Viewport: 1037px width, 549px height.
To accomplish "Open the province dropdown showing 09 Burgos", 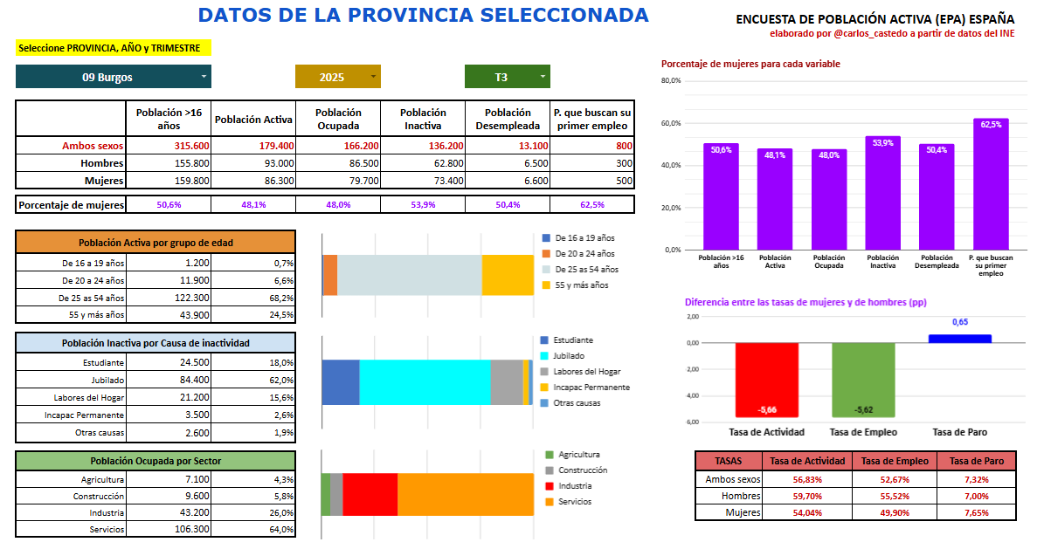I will (114, 77).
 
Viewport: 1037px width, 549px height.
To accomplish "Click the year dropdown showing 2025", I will (337, 77).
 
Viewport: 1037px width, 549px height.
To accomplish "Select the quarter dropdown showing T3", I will (507, 77).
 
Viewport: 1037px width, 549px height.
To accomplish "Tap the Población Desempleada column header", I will (508, 119).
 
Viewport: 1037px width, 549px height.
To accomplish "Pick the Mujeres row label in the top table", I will (102, 181).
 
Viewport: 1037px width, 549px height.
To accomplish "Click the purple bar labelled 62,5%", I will (991, 184).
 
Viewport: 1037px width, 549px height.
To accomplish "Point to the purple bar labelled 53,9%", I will (883, 193).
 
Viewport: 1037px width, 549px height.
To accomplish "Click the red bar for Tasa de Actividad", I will (767, 380).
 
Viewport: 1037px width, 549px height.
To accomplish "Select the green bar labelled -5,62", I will (863, 380).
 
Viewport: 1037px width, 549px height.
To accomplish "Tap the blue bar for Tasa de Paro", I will (959, 339).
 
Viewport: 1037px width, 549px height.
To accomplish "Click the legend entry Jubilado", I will (568, 356).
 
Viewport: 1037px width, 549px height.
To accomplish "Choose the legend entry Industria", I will (574, 486).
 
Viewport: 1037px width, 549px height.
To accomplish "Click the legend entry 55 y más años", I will (580, 285).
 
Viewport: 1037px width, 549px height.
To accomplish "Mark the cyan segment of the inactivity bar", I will (425, 382).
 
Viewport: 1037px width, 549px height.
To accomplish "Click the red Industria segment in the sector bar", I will (370, 494).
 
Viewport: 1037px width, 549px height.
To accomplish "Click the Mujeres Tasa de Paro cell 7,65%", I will (977, 512).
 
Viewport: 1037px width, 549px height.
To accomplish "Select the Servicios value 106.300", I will (191, 529).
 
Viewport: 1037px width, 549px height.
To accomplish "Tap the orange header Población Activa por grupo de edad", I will (156, 243).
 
